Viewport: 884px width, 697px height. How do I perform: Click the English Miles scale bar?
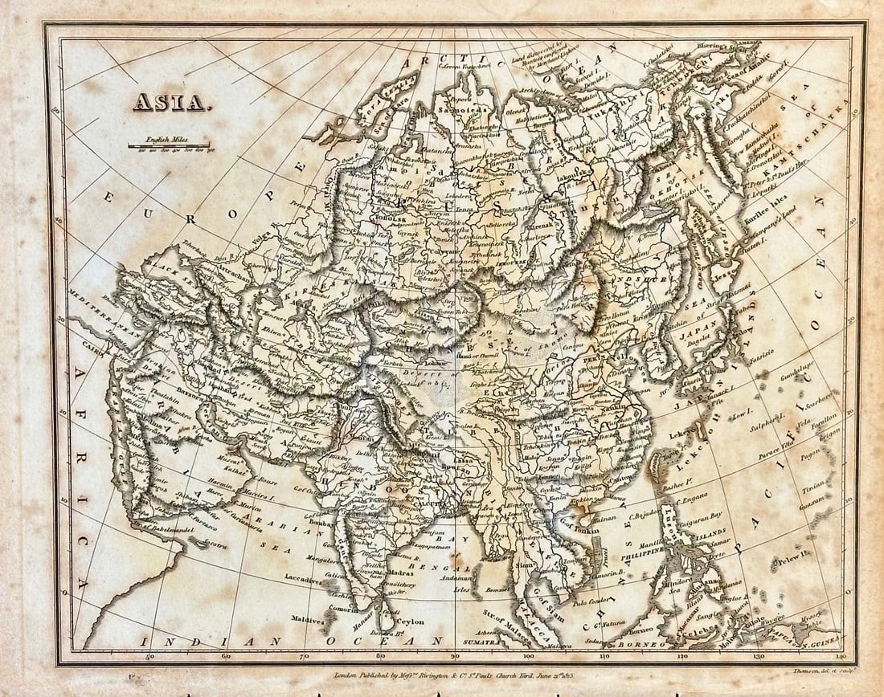tap(168, 146)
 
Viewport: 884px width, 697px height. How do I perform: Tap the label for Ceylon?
tap(407, 622)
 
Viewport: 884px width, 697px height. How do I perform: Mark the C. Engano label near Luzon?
tap(689, 499)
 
